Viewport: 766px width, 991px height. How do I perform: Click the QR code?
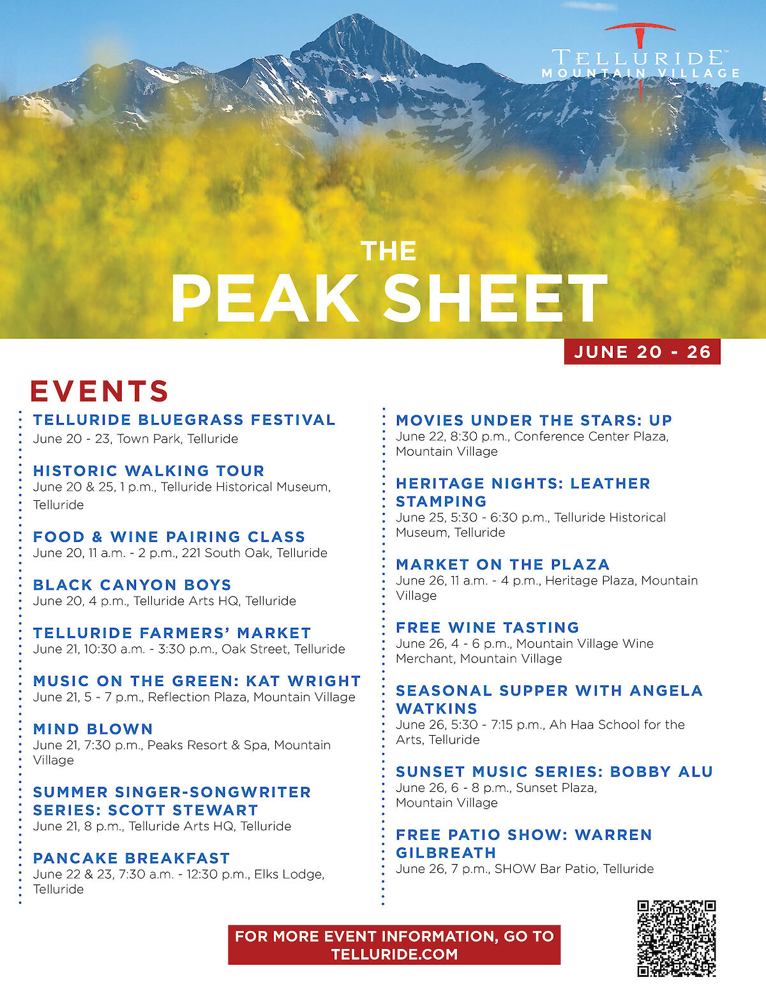coord(676,938)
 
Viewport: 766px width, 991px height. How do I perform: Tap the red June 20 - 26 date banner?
coord(642,352)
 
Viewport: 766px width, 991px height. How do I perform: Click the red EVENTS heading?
coord(100,391)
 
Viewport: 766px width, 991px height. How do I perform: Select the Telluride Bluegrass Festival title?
coord(184,420)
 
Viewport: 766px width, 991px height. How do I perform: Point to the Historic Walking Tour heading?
coord(149,471)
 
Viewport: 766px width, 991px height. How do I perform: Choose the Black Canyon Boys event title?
coord(132,585)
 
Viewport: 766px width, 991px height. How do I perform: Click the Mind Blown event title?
coord(93,729)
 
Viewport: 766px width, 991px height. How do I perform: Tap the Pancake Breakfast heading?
coord(131,858)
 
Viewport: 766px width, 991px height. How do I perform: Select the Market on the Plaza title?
coord(502,565)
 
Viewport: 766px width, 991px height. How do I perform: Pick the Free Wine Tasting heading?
coord(488,627)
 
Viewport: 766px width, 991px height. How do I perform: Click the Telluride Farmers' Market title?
coord(172,633)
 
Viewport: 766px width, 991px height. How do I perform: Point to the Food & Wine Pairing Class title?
coord(169,537)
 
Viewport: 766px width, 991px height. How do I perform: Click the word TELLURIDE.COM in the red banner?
coord(394,955)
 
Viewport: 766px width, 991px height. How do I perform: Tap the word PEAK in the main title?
coord(264,299)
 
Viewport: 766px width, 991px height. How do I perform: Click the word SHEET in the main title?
coord(495,299)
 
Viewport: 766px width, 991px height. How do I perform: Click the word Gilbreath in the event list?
coord(446,853)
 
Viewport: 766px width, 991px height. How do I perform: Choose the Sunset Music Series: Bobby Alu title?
coord(554,771)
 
